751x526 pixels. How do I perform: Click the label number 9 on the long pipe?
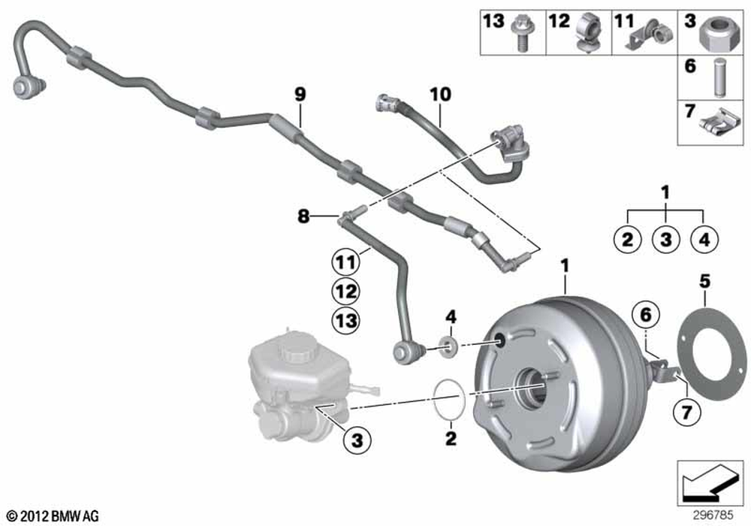pyautogui.click(x=300, y=95)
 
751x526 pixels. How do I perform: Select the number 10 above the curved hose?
pyautogui.click(x=440, y=95)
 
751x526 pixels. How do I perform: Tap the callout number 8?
pyautogui.click(x=303, y=217)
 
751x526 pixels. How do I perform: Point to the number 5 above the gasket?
pyautogui.click(x=704, y=282)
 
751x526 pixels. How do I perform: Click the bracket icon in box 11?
pyautogui.click(x=653, y=36)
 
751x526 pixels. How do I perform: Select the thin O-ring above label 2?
pyautogui.click(x=449, y=400)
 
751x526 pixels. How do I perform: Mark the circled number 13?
pyautogui.click(x=345, y=321)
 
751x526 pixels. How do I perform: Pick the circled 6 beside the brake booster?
pyautogui.click(x=644, y=315)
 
